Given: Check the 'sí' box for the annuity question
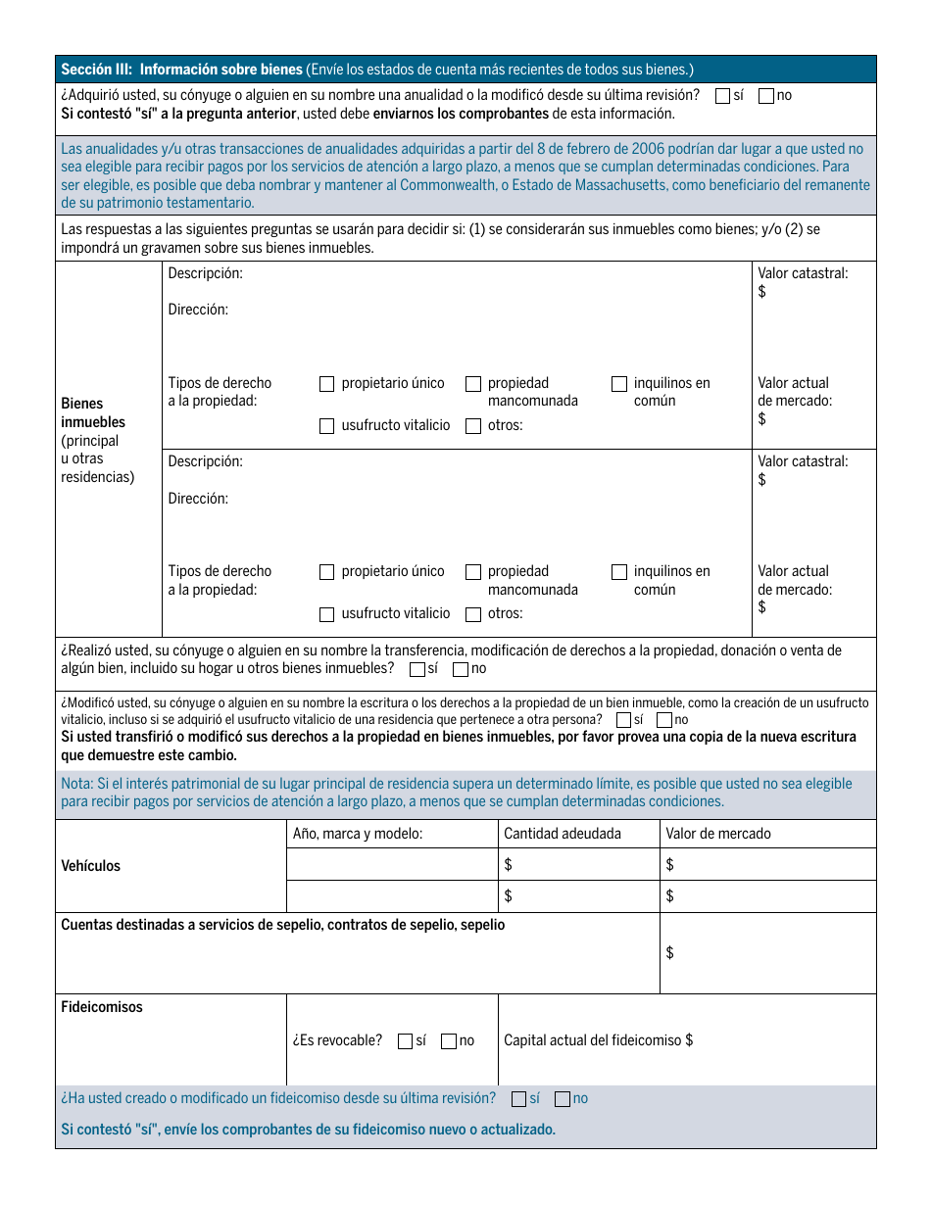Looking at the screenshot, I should tap(723, 96).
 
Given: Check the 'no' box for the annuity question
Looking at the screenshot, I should tap(766, 96).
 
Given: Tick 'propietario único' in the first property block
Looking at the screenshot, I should tap(327, 384).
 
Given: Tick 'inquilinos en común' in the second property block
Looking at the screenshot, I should tap(619, 572).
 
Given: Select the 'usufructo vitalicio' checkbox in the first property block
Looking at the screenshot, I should tap(327, 426).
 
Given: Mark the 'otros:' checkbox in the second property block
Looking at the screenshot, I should tap(473, 615).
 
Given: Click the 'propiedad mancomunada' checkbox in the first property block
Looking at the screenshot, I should tap(473, 384).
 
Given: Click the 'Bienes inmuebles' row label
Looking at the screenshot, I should tap(93, 412).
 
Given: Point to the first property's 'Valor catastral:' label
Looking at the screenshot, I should tap(803, 274).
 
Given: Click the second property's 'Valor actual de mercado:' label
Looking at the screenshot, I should tap(794, 580).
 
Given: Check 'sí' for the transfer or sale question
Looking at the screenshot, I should tap(417, 670).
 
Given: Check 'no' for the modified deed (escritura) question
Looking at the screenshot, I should tap(664, 720).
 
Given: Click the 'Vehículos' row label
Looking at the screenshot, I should tap(90, 866).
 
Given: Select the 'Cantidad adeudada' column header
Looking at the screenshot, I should tap(562, 834).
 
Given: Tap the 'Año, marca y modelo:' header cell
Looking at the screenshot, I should tap(358, 834).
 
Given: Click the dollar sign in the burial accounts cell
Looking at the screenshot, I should tap(669, 953).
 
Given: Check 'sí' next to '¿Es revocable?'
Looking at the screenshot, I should tap(406, 1041).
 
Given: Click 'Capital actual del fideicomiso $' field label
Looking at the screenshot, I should tap(598, 1040).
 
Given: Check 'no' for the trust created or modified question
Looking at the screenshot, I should tap(563, 1099).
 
